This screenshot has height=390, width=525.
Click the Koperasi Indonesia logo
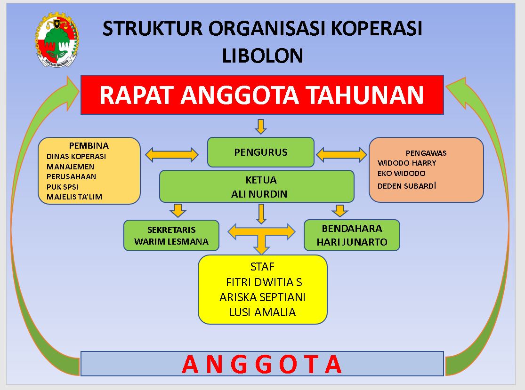click(x=57, y=40)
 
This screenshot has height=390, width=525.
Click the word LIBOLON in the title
click(x=262, y=56)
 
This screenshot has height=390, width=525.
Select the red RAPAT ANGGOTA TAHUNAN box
click(x=262, y=95)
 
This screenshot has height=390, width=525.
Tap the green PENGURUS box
click(x=260, y=152)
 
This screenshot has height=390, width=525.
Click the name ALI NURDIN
click(x=259, y=194)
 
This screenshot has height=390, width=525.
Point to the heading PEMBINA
click(x=89, y=145)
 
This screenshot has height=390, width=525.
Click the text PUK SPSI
click(x=62, y=187)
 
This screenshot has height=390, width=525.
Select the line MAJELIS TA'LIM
click(x=74, y=197)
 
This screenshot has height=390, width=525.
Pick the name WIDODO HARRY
click(x=407, y=163)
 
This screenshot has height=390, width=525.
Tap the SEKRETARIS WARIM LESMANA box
click(x=171, y=235)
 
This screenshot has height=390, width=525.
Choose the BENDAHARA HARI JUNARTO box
click(x=352, y=235)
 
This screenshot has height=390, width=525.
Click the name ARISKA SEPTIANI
click(x=262, y=297)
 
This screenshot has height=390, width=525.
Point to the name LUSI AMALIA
click(x=262, y=312)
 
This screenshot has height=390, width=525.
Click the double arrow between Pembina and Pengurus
click(x=172, y=154)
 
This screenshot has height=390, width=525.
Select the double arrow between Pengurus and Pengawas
click(x=341, y=154)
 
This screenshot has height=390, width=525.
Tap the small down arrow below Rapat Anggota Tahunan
click(x=260, y=126)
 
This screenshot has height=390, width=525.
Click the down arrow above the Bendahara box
click(x=339, y=210)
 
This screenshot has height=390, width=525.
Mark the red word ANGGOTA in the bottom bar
click(x=262, y=364)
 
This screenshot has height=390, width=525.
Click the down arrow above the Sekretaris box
click(x=178, y=210)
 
